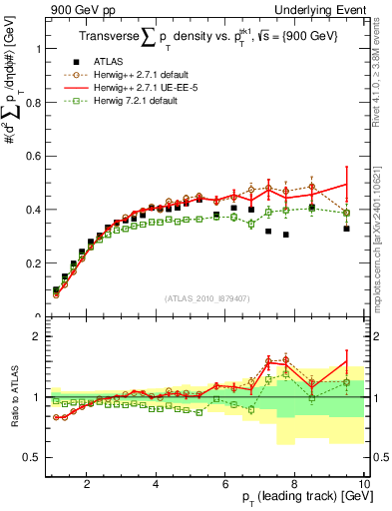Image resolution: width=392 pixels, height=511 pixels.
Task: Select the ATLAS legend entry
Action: [x=121, y=62]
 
